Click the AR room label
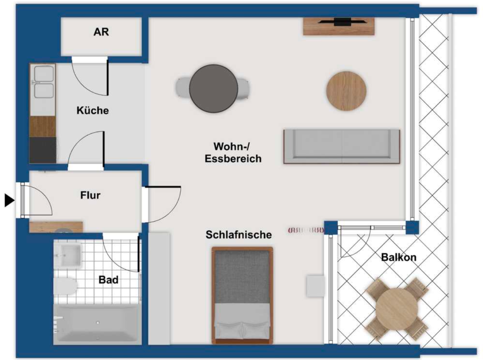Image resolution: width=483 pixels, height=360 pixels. [x=101, y=32]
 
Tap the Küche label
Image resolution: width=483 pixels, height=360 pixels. [x=93, y=111]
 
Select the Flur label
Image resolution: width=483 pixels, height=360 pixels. [x=90, y=196]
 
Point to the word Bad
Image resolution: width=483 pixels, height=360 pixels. [x=108, y=280]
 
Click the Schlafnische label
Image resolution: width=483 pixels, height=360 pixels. [x=238, y=235]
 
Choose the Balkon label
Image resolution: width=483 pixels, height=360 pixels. [x=399, y=258]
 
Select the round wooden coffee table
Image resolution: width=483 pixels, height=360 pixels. [x=346, y=91]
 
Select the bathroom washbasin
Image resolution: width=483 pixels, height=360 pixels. [x=68, y=255]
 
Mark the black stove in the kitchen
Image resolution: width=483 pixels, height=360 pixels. [x=43, y=151]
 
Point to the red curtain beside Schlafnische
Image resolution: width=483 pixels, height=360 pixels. [x=306, y=230]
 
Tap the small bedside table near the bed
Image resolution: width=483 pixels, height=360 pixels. [x=316, y=286]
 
